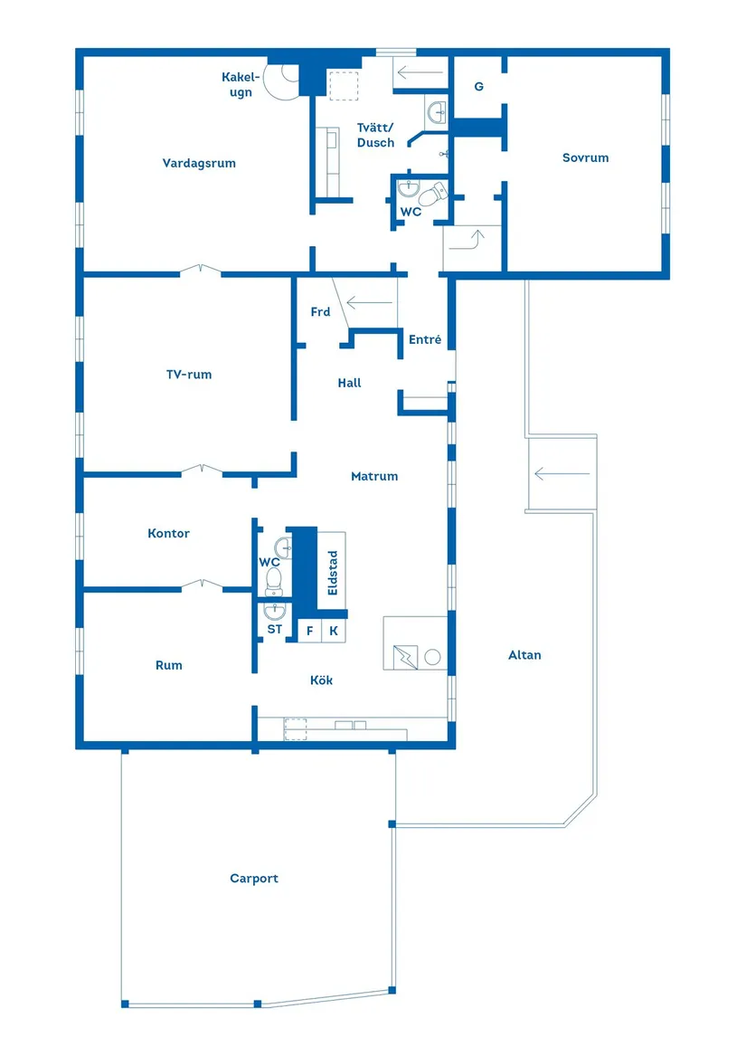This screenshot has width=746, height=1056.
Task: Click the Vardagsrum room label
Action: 199,164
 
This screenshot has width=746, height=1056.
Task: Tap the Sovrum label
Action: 585,157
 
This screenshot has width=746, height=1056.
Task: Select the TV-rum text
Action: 188,374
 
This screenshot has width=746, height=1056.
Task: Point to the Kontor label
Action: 168,534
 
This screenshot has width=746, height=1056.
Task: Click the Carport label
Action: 253,879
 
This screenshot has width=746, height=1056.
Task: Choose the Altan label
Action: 524,655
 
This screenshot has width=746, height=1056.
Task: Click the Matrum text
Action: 374,476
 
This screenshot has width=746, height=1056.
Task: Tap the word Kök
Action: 321,680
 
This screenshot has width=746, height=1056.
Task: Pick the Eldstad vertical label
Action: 333,572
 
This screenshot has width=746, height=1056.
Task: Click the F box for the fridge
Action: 309,631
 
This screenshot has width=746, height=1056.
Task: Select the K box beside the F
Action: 333,631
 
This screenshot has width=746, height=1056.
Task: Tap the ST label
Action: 274,629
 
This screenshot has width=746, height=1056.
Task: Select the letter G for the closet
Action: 478,87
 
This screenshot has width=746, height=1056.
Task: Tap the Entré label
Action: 425,340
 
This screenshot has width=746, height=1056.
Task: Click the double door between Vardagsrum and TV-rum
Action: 199,269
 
